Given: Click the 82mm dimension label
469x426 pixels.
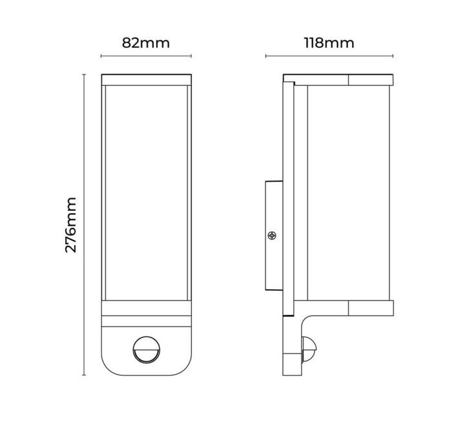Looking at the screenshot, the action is [x=145, y=43].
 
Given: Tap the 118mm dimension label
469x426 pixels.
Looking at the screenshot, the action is [x=329, y=43].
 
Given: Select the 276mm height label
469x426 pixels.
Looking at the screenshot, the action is [x=71, y=225].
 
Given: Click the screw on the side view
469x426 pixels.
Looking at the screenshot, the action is [x=272, y=236].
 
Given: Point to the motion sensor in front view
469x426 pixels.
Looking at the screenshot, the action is [x=146, y=350].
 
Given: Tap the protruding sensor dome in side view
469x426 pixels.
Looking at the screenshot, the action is [x=309, y=349].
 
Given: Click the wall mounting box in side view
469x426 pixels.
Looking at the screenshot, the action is [x=274, y=236].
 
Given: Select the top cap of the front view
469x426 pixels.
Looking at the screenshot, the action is [x=146, y=80].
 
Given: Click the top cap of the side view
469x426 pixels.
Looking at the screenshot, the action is [x=338, y=80].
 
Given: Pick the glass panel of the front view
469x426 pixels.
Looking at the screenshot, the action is [x=146, y=193].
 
